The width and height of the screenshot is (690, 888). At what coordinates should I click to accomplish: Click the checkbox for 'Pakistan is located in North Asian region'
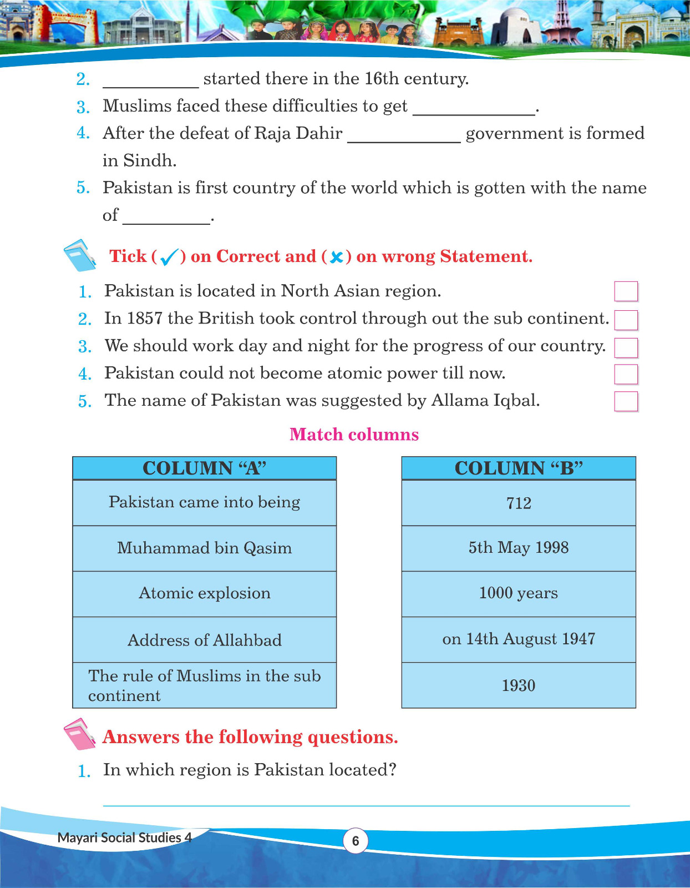pyautogui.click(x=626, y=291)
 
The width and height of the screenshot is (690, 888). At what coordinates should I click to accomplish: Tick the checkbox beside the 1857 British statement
pyautogui.click(x=626, y=320)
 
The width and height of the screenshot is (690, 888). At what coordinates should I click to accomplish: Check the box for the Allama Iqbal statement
pyautogui.click(x=626, y=401)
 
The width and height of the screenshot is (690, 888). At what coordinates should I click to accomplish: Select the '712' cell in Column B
pyautogui.click(x=519, y=503)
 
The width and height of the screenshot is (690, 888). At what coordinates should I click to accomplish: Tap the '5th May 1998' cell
pyautogui.click(x=519, y=548)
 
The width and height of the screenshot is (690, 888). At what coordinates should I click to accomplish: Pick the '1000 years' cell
pyautogui.click(x=519, y=593)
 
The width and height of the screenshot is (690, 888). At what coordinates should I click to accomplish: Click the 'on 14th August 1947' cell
pyautogui.click(x=519, y=639)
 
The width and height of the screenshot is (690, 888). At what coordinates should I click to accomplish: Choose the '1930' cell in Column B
pyautogui.click(x=519, y=685)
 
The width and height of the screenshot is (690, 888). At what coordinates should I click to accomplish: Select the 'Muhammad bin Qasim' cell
pyautogui.click(x=204, y=548)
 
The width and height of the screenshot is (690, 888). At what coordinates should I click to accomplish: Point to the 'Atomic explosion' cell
pyautogui.click(x=204, y=593)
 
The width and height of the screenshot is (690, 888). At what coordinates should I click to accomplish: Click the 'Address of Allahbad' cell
pyautogui.click(x=204, y=640)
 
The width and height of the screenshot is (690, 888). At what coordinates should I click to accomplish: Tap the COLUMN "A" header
pyautogui.click(x=204, y=468)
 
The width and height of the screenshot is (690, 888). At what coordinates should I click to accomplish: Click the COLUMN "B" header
pyautogui.click(x=519, y=468)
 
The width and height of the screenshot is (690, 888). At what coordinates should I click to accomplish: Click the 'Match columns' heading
pyautogui.click(x=354, y=434)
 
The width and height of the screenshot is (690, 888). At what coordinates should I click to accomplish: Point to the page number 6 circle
pyautogui.click(x=356, y=841)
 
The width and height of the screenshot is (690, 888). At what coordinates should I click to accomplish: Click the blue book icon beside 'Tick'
pyautogui.click(x=80, y=255)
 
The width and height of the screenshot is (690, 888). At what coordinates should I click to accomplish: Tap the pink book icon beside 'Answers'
pyautogui.click(x=80, y=734)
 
